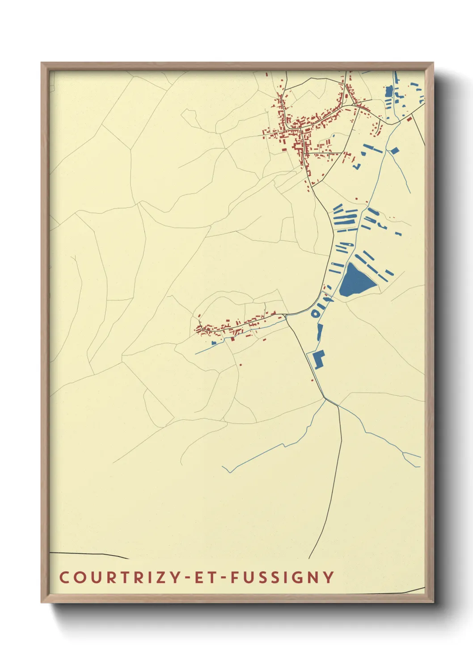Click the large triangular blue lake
(x=355, y=281)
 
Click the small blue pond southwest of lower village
(x=214, y=343)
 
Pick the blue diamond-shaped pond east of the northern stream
(x=395, y=151)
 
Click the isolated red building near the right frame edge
(x=409, y=119)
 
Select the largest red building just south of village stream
(x=232, y=339)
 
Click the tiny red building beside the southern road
(x=312, y=380)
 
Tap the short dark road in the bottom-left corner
(x=89, y=555)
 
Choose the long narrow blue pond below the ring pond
(x=319, y=332)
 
